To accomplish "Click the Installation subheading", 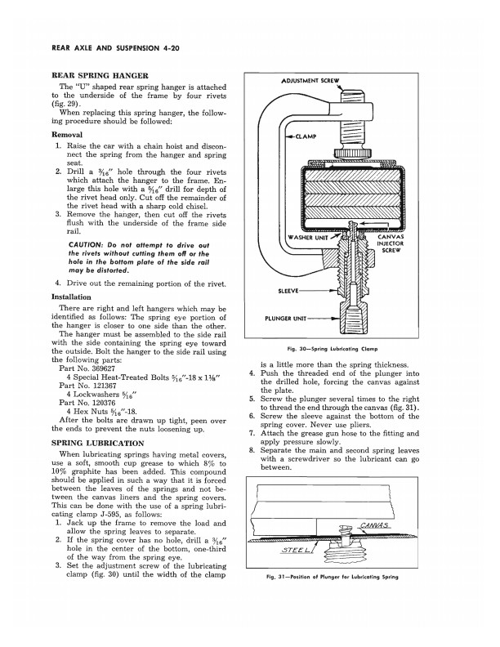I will click(75, 297).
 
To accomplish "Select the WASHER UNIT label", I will click(310, 238).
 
